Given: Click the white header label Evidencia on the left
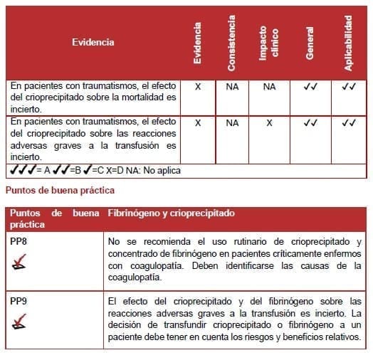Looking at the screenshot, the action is point(93,42).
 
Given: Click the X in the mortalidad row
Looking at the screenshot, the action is point(198,86).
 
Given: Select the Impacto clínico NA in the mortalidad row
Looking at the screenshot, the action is point(269,86).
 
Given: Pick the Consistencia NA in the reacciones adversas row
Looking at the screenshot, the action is point(232,122).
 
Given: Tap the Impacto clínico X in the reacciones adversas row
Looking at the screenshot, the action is point(269,122).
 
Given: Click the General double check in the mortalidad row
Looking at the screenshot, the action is point(310,86).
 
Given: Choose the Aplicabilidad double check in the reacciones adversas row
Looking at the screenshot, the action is point(348,122).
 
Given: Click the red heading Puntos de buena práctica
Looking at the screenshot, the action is point(59,190).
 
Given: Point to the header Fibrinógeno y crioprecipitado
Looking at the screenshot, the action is point(170,213).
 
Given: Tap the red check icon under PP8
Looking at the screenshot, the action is point(21,264).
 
